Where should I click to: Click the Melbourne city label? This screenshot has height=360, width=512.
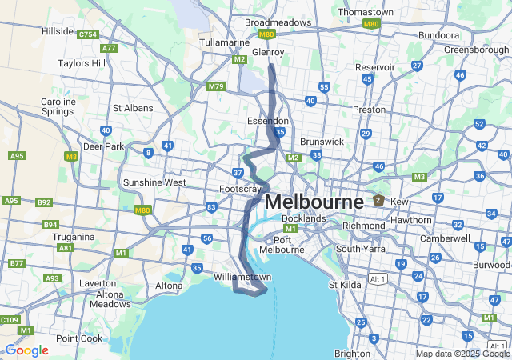(313, 202)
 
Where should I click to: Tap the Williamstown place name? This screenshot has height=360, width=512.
(239, 277)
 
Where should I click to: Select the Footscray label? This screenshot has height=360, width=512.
(240, 189)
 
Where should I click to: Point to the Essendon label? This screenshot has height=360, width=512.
(267, 121)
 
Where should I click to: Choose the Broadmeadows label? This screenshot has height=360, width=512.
(278, 22)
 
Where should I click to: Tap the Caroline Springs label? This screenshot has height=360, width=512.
(58, 107)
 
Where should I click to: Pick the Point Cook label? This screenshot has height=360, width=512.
(79, 338)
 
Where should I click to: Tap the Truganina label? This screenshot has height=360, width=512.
(74, 238)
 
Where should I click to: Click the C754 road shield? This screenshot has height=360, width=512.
(87, 34)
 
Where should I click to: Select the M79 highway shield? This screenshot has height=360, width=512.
(215, 86)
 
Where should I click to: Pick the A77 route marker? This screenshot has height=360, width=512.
(109, 48)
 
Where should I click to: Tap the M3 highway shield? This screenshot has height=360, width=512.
(419, 177)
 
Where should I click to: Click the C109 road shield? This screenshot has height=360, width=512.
(10, 320)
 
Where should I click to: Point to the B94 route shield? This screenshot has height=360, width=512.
(50, 225)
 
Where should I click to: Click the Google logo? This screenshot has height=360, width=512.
(26, 350)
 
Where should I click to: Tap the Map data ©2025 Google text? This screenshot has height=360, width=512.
(462, 354)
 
